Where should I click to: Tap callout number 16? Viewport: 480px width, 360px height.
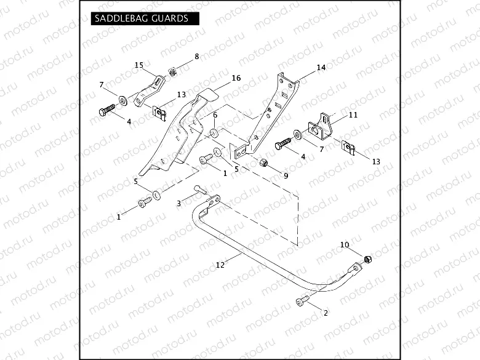point(219,78)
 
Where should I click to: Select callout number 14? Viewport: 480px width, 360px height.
point(321,68)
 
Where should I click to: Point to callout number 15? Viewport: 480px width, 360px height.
point(138,65)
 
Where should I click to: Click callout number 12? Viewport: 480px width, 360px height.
point(220,265)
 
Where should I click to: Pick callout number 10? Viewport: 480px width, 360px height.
point(345,245)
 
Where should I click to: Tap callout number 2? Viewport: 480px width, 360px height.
point(326,313)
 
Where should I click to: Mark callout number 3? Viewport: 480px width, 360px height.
point(179,203)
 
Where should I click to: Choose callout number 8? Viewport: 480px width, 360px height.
point(197,56)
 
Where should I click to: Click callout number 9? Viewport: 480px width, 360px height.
point(286,175)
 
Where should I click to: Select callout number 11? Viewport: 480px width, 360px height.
point(353,115)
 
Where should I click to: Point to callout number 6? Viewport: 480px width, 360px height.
point(215,115)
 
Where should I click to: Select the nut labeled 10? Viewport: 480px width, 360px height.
point(367,260)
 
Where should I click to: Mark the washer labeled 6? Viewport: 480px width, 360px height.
point(214,134)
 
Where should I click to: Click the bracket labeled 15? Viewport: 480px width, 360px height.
point(148,90)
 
